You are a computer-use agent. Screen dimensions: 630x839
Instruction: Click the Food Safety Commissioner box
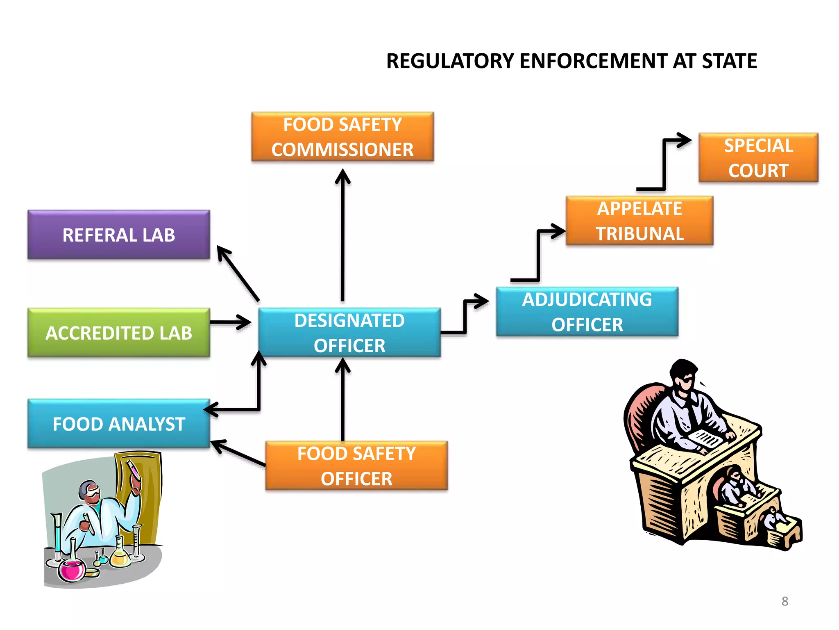[342, 137]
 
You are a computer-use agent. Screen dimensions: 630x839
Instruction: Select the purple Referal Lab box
[119, 235]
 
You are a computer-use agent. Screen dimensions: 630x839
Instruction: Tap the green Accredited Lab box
[119, 333]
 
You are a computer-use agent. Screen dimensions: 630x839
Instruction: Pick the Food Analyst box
[119, 424]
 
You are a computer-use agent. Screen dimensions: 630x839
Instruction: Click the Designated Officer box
[349, 333]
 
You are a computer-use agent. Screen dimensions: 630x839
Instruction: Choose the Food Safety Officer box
[356, 466]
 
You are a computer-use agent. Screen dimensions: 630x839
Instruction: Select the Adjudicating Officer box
[587, 312]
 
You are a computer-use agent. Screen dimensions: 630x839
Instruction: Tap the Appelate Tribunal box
[639, 221]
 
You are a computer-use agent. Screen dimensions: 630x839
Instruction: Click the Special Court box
[758, 157]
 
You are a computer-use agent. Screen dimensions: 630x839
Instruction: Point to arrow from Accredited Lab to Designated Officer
[229, 322]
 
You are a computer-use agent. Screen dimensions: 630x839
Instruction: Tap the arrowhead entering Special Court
[684, 140]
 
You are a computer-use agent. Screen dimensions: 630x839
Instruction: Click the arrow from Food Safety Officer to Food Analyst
[238, 453]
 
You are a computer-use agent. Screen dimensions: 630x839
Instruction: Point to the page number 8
[785, 601]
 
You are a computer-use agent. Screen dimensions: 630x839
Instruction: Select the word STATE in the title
[729, 61]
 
